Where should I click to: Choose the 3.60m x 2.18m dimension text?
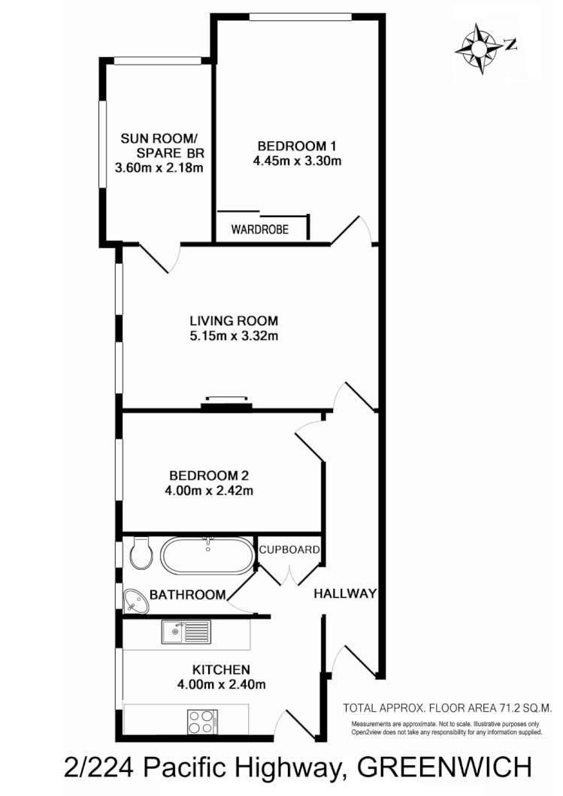pyautogui.click(x=159, y=167)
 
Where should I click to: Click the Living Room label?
pyautogui.click(x=234, y=321)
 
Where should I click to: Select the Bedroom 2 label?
pyautogui.click(x=209, y=475)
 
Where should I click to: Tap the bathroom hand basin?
pyautogui.click(x=135, y=599)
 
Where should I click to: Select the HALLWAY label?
pyautogui.click(x=344, y=594)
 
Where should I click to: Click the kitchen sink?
pyautogui.click(x=185, y=632)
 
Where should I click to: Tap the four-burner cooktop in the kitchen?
pyautogui.click(x=201, y=722)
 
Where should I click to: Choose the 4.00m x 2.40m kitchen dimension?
pyautogui.click(x=221, y=684)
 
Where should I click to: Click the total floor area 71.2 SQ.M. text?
pyautogui.click(x=447, y=707)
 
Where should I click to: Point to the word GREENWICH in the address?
pyautogui.click(x=444, y=767)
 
